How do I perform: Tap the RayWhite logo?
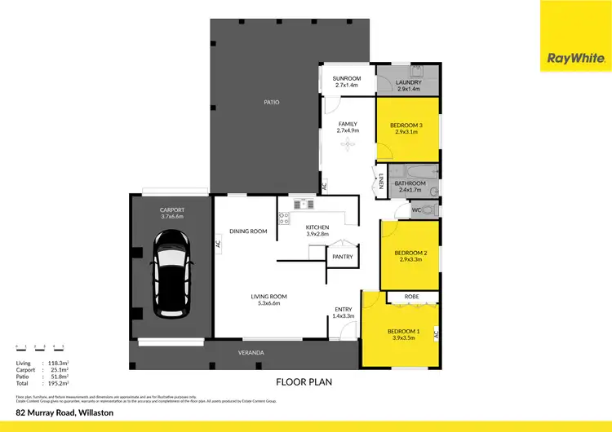point(575,58)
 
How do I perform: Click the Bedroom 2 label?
point(410,254)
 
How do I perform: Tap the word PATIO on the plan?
point(271,103)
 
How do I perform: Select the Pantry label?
point(341,257)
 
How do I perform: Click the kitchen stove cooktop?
point(285,218)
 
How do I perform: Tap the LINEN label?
point(381,182)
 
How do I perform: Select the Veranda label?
point(251,352)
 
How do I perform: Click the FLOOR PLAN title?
point(304,380)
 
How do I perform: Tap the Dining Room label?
point(249,231)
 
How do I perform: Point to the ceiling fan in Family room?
point(348,144)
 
